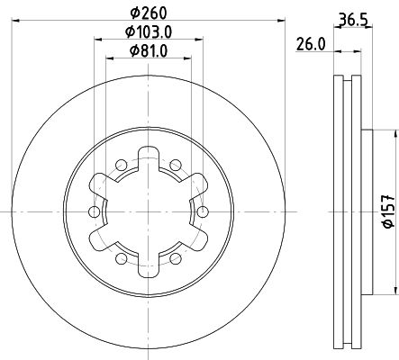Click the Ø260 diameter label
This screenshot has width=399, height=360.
pos(149,13)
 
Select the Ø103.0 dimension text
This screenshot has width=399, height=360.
pos(149,32)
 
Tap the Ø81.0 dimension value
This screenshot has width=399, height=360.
pos(149,51)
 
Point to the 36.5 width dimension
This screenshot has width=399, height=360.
pos(353,20)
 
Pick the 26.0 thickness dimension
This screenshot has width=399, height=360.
pos(311,44)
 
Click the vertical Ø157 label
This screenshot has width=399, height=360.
pos(389,211)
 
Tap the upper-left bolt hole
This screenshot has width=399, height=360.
pos(122,165)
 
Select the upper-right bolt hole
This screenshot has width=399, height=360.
pos(176,165)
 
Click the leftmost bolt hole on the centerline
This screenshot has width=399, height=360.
pos(95,211)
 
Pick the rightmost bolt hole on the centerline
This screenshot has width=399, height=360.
pos(203,211)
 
